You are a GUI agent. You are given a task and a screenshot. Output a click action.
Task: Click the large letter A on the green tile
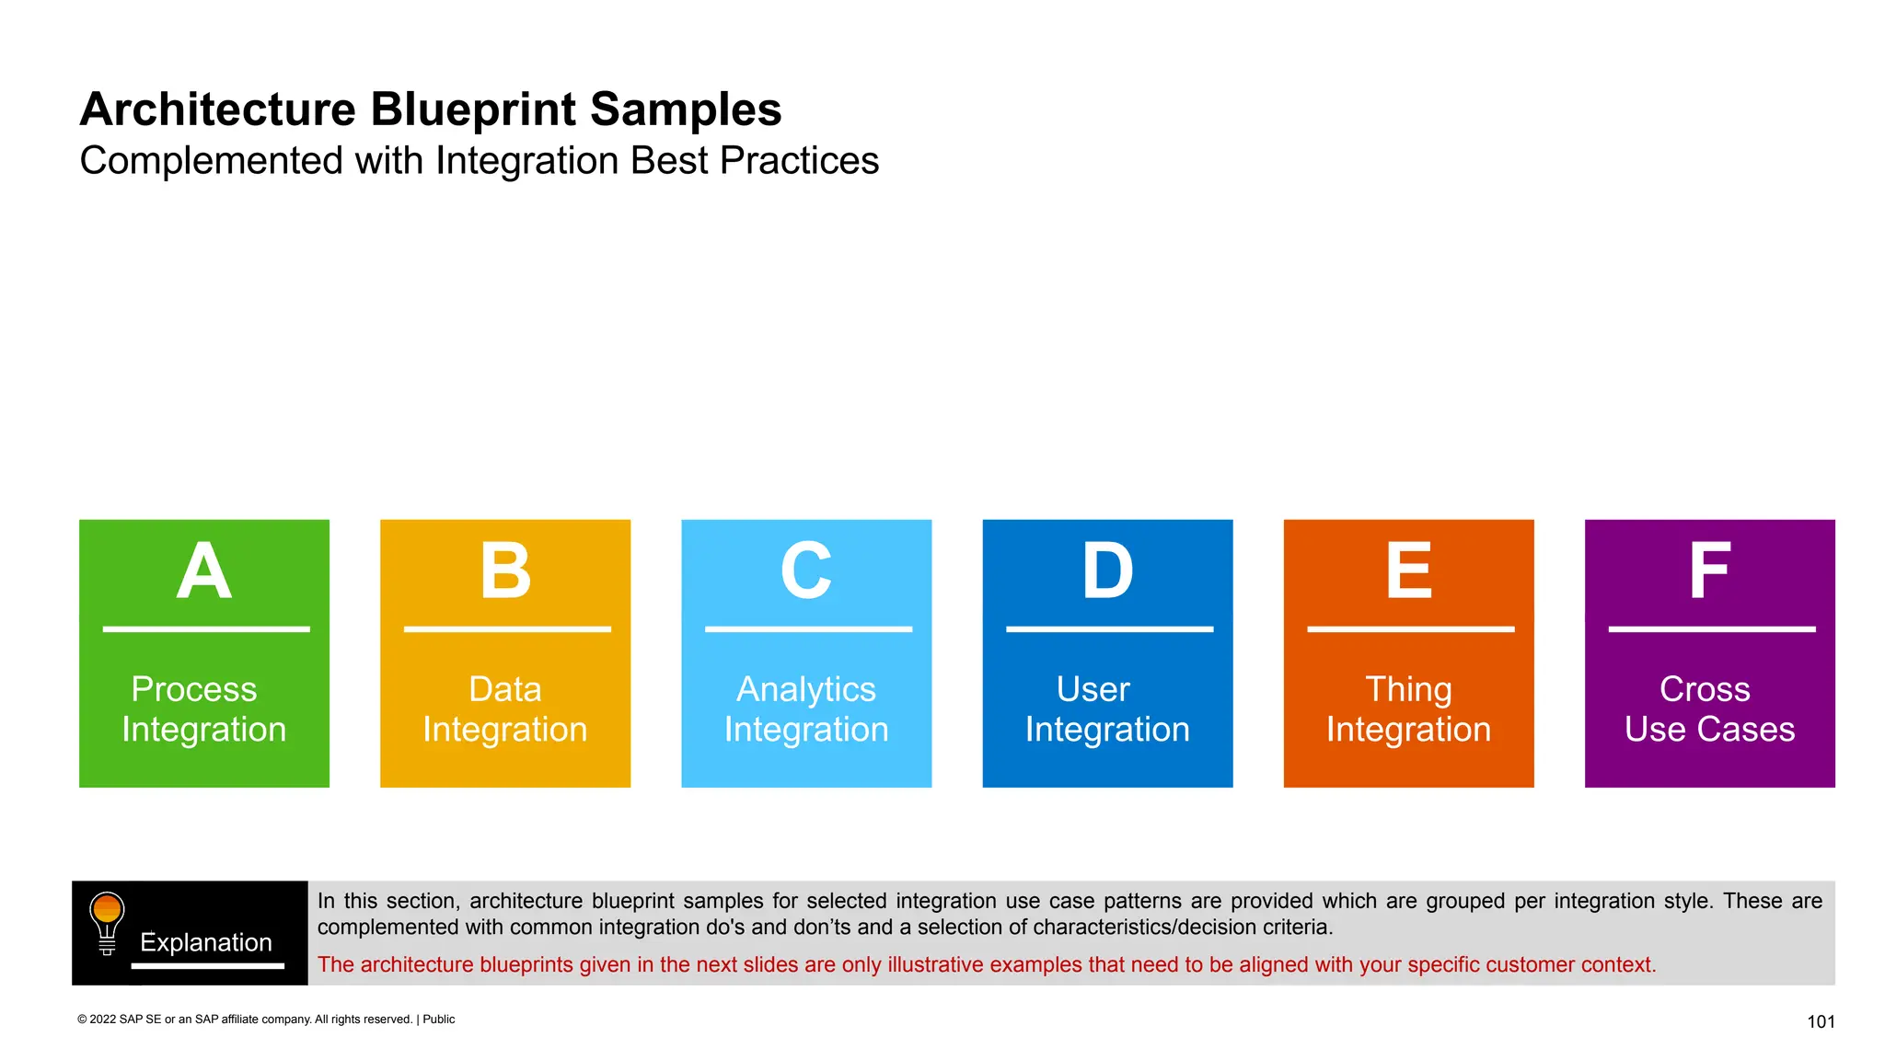click(x=203, y=571)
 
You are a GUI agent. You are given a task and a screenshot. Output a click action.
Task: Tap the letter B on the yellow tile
click(x=505, y=571)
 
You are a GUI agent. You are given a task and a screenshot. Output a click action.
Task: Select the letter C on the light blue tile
click(x=806, y=571)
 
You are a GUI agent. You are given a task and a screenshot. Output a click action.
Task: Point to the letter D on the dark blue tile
click(x=1107, y=571)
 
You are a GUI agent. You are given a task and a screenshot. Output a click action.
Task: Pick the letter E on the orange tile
click(x=1408, y=571)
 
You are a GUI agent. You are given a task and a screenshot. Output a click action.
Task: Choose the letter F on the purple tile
click(x=1709, y=571)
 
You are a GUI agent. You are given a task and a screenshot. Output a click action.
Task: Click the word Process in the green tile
click(x=193, y=689)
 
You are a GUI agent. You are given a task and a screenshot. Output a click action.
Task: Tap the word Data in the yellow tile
click(x=504, y=689)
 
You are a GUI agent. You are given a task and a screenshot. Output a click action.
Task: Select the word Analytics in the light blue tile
click(x=805, y=689)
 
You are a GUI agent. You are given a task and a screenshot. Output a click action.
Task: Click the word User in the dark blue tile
click(x=1093, y=689)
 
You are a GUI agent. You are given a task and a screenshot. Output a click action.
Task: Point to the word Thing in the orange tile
click(x=1407, y=689)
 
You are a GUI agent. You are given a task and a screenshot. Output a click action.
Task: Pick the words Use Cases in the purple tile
click(x=1709, y=730)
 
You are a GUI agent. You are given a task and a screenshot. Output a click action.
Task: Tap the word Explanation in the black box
click(x=205, y=942)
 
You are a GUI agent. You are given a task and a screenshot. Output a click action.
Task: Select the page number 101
click(x=1821, y=1021)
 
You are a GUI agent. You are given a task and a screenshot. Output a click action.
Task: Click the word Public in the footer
click(x=438, y=1020)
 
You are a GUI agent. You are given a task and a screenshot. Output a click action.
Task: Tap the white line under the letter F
click(x=1711, y=629)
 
